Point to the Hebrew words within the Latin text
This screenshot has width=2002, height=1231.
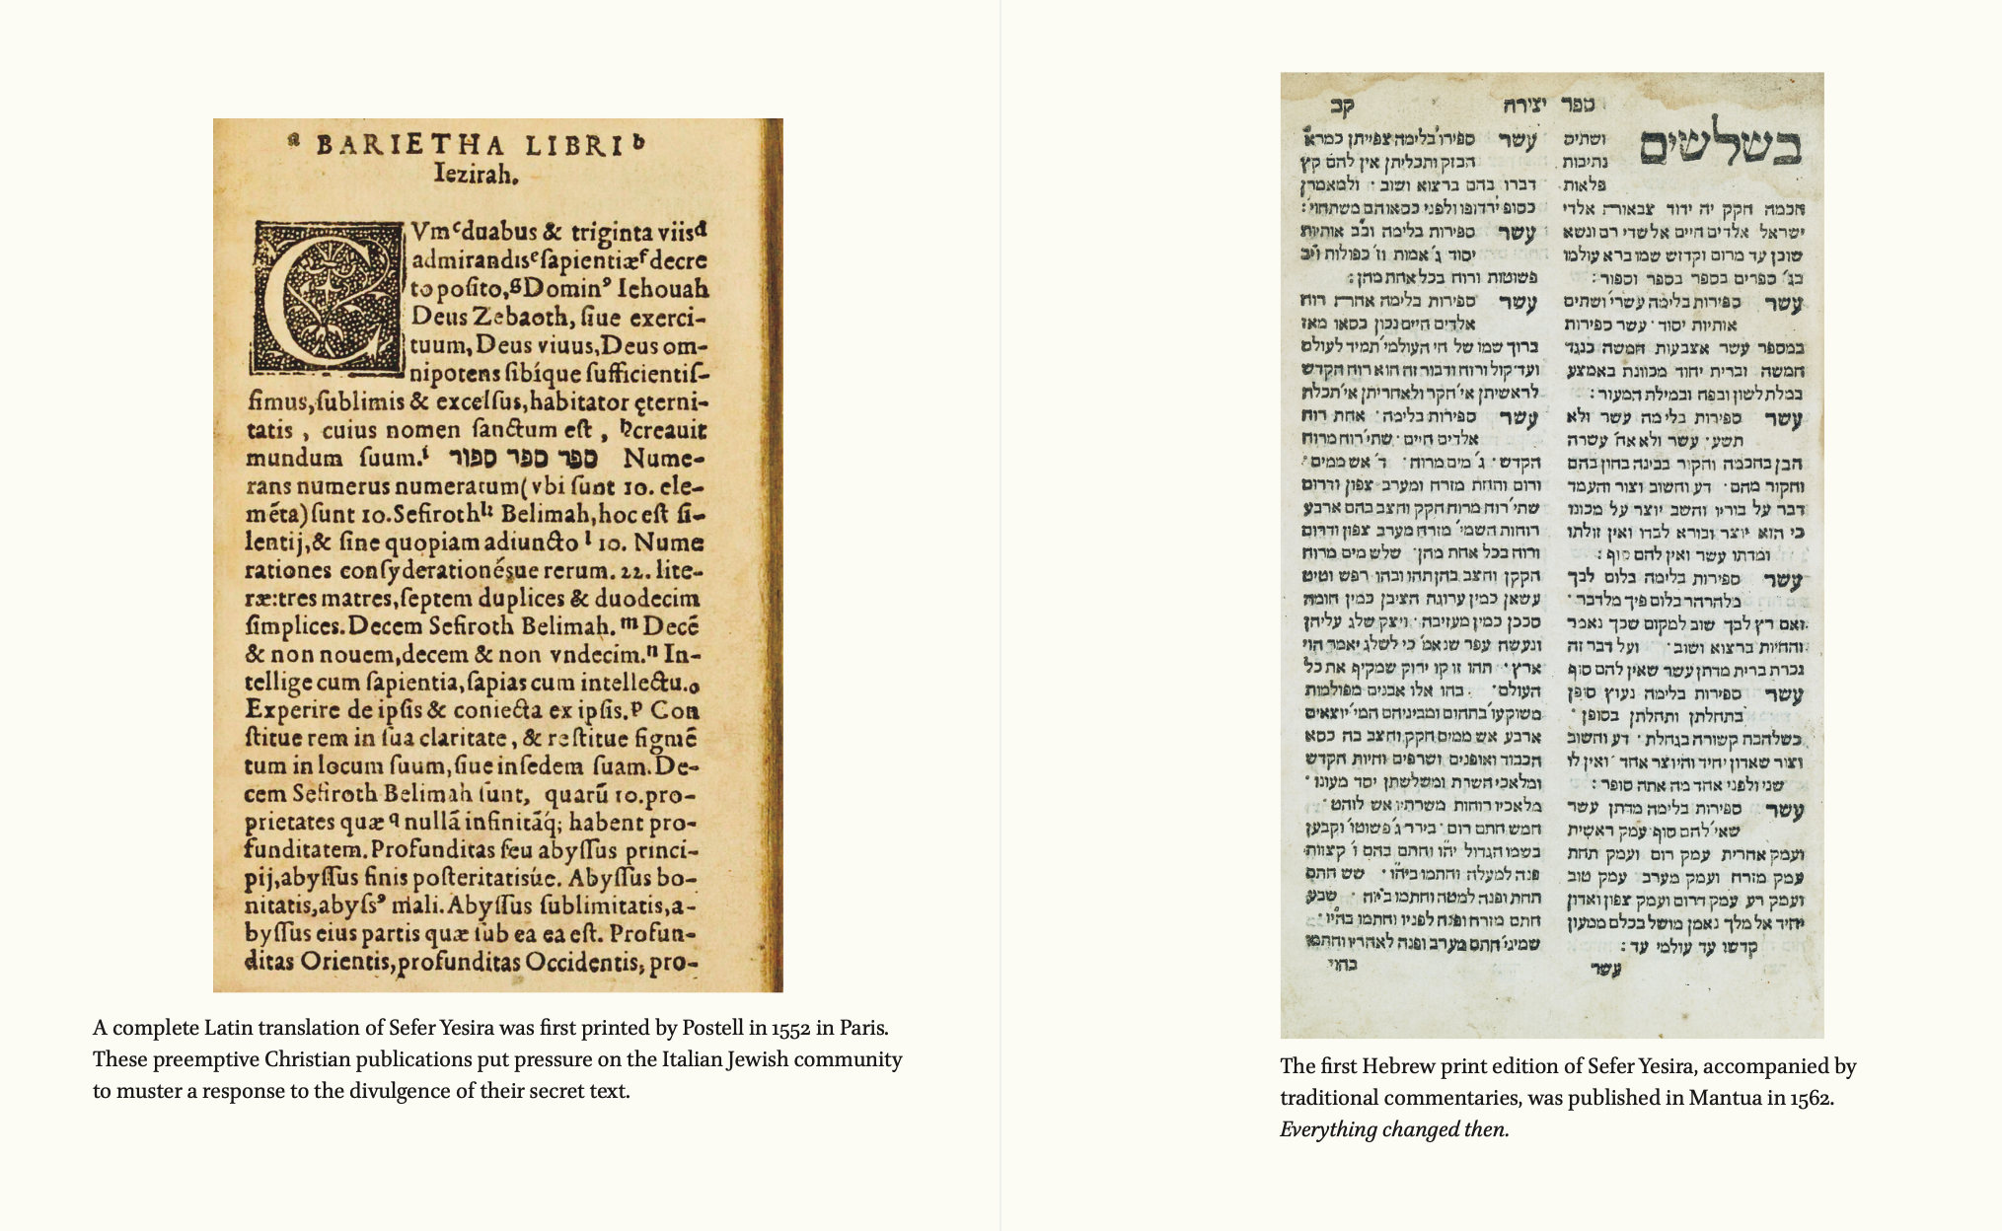[x=523, y=459]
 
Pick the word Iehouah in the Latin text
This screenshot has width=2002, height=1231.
[x=663, y=290]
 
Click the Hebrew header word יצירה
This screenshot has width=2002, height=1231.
[x=1524, y=105]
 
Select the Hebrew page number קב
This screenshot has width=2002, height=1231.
[x=1343, y=106]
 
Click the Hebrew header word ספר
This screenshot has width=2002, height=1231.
[x=1578, y=104]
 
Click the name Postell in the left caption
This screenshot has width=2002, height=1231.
[x=712, y=1028]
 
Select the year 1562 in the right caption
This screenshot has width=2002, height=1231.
[x=1810, y=1098]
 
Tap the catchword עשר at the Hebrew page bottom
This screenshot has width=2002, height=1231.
[x=1605, y=970]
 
